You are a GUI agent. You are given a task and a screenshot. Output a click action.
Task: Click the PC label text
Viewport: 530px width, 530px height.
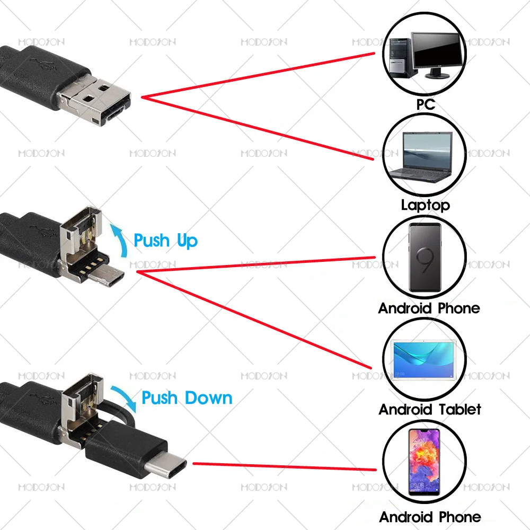425,104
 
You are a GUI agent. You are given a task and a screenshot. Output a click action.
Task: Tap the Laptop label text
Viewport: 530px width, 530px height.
425,205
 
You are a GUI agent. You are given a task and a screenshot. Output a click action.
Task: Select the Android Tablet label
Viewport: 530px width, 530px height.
430,409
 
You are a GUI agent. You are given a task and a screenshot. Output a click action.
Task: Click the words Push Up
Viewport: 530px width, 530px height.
165,241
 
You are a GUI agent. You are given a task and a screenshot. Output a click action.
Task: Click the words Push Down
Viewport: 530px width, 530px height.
187,397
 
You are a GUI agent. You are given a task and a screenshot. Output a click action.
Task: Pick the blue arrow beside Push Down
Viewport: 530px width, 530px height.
127,394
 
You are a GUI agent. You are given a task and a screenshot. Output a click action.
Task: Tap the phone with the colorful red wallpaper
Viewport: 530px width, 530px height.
424,461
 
